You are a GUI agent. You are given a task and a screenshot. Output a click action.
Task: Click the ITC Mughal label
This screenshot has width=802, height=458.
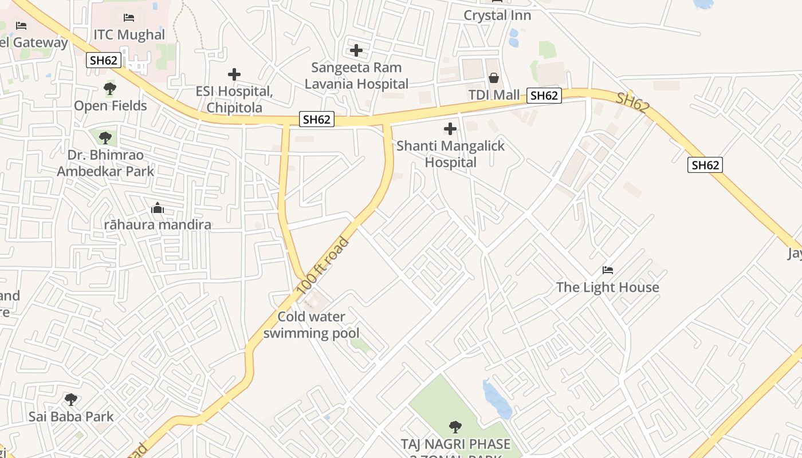coord(129,35)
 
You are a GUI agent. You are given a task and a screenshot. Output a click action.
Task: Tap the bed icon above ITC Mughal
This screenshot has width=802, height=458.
coord(129,18)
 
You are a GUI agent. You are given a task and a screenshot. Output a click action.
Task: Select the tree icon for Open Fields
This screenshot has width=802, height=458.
coord(109,89)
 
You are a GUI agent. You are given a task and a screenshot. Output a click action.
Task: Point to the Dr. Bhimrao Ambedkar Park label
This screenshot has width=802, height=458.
coord(105,163)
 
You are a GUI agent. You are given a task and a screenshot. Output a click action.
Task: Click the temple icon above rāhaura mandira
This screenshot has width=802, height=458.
coord(158,208)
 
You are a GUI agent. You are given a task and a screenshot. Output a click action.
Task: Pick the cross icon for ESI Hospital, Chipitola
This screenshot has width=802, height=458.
coord(234,74)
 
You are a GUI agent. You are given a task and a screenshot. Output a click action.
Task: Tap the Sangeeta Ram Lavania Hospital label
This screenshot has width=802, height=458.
coord(356,76)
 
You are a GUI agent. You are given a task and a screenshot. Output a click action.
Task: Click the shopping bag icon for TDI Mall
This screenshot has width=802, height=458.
coord(493,78)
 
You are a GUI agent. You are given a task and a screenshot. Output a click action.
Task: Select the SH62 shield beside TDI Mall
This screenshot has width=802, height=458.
coord(544,96)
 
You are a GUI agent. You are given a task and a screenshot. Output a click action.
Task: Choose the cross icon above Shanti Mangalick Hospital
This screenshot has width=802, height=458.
coord(450,129)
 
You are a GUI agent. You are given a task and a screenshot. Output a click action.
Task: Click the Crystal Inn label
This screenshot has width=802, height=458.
coord(497,15)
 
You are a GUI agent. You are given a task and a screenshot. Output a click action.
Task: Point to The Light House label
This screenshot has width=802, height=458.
coord(607,287)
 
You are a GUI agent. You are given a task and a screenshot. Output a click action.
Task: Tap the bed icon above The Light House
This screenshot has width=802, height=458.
coord(607,270)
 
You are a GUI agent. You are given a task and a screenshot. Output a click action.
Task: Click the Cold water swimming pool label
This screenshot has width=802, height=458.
coord(312,325)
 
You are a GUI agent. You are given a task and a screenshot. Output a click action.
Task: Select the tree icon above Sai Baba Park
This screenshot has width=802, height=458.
coord(70,399)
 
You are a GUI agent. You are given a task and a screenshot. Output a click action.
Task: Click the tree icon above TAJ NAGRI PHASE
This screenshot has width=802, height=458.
coord(455,427)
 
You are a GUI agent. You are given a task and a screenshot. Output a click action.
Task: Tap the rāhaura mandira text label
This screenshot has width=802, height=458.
coord(158,224)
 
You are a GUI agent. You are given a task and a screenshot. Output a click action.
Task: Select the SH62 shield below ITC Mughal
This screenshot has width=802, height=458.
coord(104,60)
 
